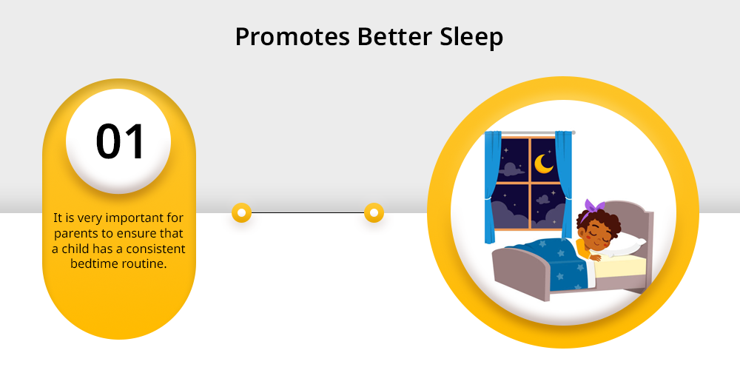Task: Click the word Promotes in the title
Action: coord(292,37)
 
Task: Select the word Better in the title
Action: coord(395,36)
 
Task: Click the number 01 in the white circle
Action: coord(120,141)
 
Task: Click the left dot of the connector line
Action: coord(242,213)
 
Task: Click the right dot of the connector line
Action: coord(374,213)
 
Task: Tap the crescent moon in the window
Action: coord(544,164)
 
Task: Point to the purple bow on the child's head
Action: coord(594,208)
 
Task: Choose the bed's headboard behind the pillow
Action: coord(635,223)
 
